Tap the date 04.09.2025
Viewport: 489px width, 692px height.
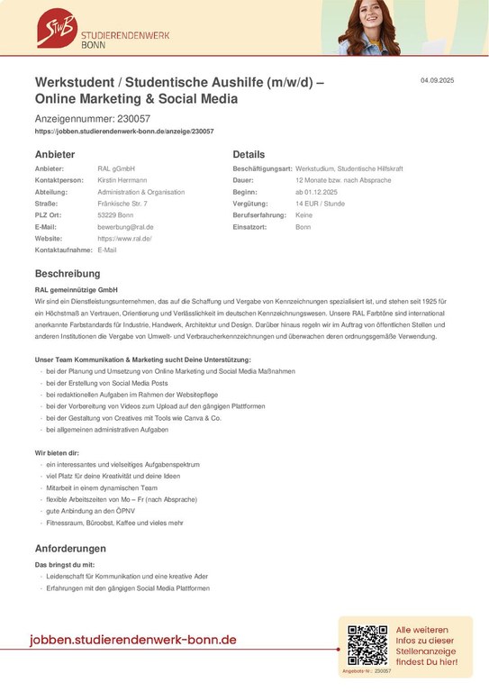[437, 82]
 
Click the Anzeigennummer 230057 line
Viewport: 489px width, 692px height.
[92, 118]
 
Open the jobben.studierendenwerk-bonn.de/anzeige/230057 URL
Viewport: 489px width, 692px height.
[123, 132]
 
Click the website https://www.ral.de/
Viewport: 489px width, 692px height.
[124, 239]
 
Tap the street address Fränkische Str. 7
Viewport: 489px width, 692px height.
[122, 204]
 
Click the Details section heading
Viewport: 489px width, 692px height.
[249, 154]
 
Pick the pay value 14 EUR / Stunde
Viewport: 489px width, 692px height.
[321, 204]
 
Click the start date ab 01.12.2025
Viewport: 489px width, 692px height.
[315, 192]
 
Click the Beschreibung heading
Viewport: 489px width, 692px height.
[68, 273]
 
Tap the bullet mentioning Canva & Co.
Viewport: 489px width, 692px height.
[133, 418]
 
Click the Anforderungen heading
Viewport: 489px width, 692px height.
[70, 548]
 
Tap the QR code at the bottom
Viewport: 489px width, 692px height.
[367, 645]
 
